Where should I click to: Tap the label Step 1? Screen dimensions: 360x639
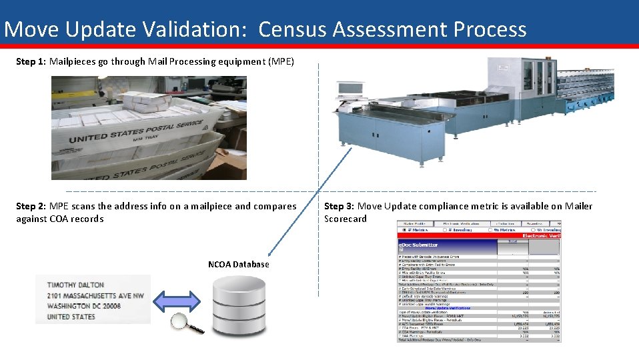[x=31, y=61]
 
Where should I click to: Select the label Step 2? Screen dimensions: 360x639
[x=31, y=206]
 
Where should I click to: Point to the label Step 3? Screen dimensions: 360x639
[x=340, y=206]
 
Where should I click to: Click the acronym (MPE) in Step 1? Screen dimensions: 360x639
[x=280, y=61]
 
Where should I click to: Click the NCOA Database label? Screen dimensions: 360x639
[x=238, y=265]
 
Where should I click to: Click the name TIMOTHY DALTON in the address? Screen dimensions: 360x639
[x=76, y=285]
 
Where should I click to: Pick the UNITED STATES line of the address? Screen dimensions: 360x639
[x=71, y=317]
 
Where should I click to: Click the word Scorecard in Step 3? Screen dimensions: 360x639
[x=346, y=219]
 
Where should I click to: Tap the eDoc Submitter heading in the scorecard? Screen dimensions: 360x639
[x=418, y=245]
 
